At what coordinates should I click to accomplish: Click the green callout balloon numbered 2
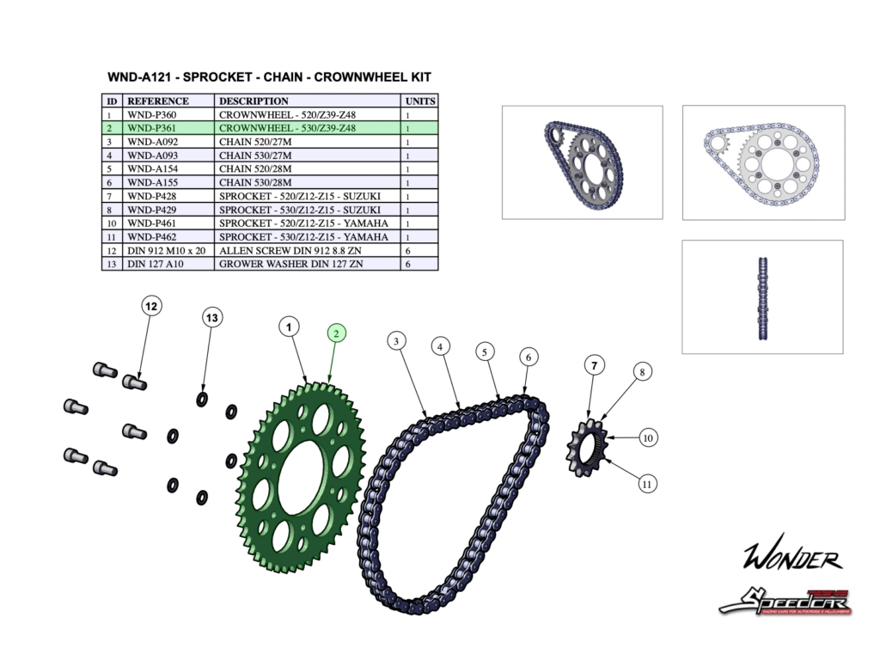(x=337, y=333)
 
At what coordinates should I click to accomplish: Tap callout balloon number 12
(x=151, y=306)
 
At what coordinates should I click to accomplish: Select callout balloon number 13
(x=212, y=318)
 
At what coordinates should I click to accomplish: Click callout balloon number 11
(x=647, y=485)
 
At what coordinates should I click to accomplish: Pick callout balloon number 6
(x=529, y=356)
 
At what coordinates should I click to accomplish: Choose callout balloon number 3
(x=395, y=341)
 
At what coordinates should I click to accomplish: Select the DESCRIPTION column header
(x=254, y=101)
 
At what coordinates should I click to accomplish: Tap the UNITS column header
(x=420, y=101)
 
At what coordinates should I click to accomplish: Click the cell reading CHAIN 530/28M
(x=255, y=182)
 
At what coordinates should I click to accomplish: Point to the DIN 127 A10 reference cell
(x=155, y=264)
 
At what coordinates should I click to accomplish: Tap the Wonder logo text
(x=791, y=559)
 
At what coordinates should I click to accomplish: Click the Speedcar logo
(x=785, y=599)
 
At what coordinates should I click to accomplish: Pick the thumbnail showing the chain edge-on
(x=762, y=296)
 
